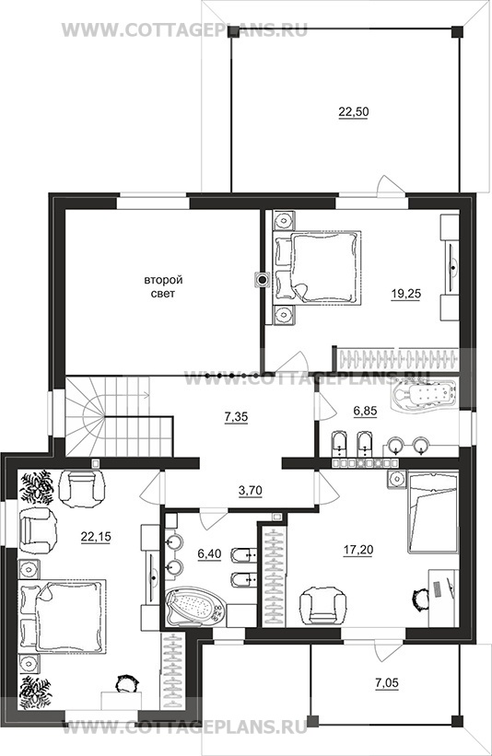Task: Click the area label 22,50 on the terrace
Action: pos(354,111)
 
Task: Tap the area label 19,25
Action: pos(405,294)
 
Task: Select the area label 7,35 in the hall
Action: pos(236,416)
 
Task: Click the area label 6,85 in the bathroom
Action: pos(365,411)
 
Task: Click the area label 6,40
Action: pos(209,554)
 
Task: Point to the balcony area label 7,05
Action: pos(387,682)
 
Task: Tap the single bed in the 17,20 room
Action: pos(433,512)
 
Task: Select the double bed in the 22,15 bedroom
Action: pos(62,616)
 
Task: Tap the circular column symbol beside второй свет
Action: pos(263,279)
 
